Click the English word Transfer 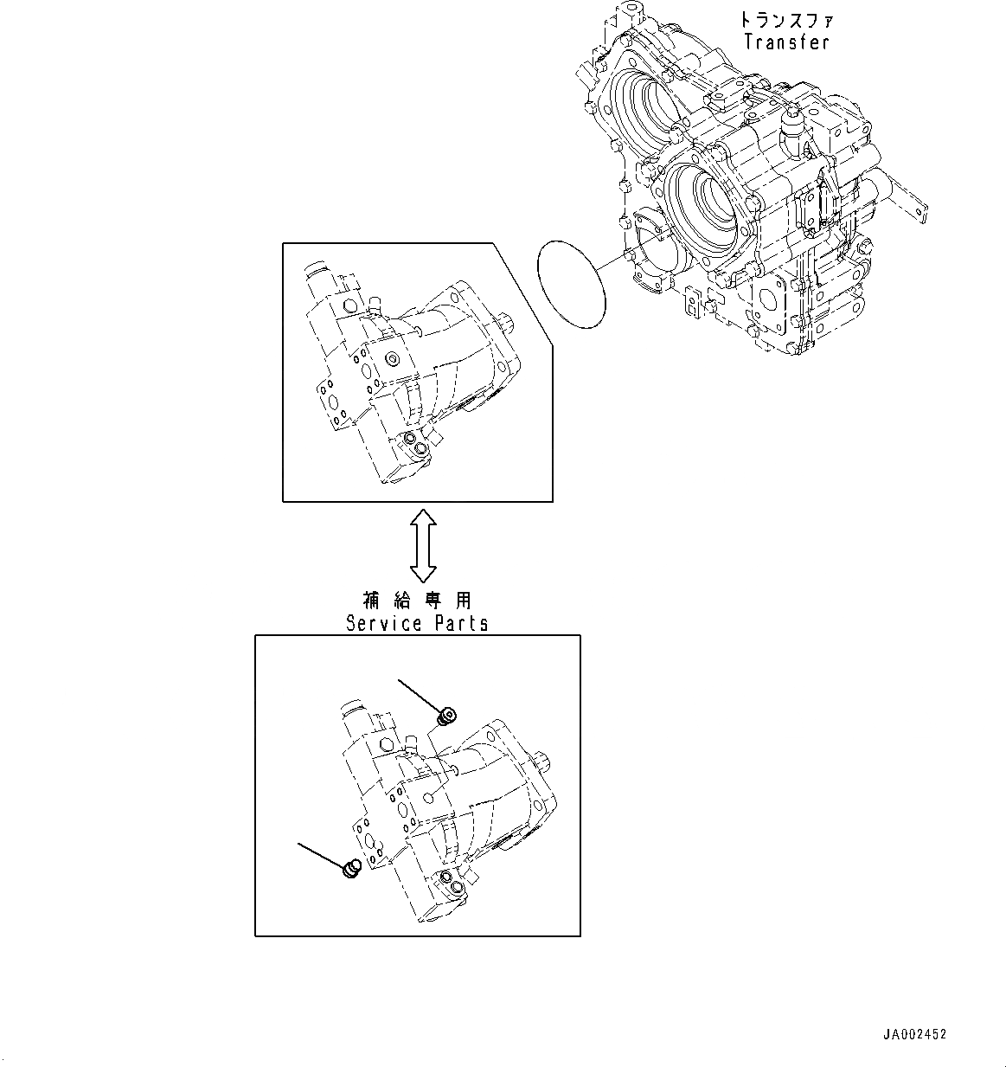pyautogui.click(x=786, y=42)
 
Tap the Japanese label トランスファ pyautogui.click(x=786, y=19)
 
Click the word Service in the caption pyautogui.click(x=383, y=623)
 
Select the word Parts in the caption pyautogui.click(x=459, y=623)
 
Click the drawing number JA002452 pyautogui.click(x=914, y=1034)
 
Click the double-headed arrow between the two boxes pyautogui.click(x=423, y=545)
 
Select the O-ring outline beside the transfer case pyautogui.click(x=571, y=284)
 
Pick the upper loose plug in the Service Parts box pyautogui.click(x=447, y=716)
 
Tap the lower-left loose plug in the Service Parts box pyautogui.click(x=351, y=868)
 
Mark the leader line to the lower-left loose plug pyautogui.click(x=321, y=854)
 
